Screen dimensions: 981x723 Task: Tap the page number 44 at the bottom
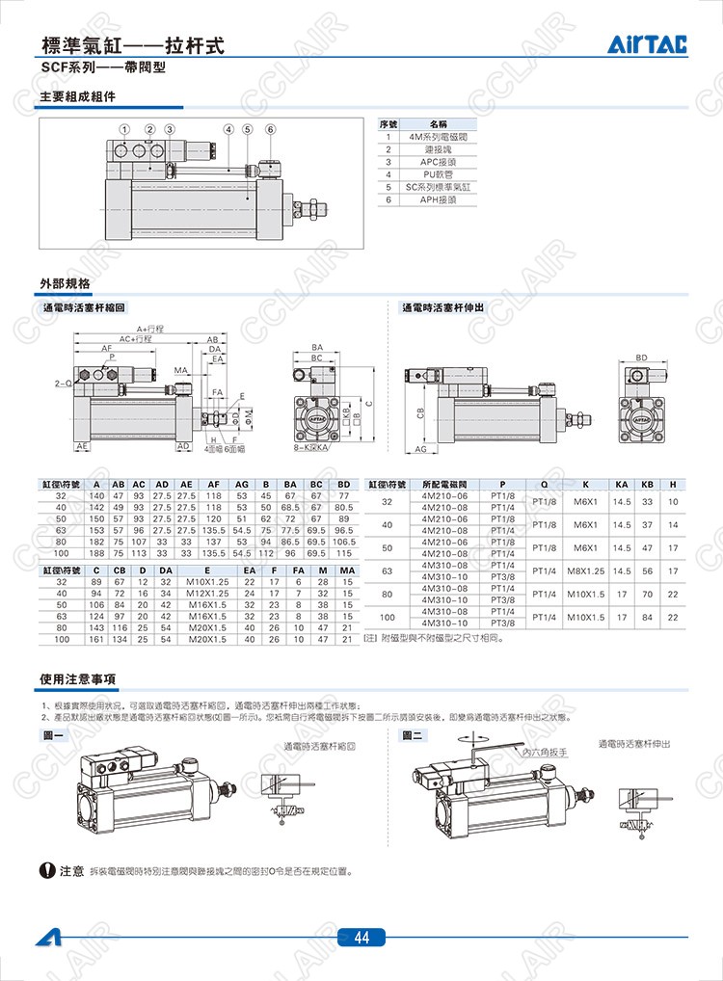[361, 938]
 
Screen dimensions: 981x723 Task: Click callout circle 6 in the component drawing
[270, 129]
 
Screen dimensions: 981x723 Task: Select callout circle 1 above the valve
[124, 129]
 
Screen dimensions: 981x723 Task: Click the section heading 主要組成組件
[77, 97]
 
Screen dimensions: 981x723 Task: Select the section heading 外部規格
[66, 283]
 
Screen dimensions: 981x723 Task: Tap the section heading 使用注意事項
[79, 678]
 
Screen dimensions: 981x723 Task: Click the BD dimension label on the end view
[641, 358]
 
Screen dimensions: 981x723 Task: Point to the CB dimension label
[421, 412]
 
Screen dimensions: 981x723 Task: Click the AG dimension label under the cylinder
[421, 449]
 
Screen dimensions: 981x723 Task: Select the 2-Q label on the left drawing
[63, 383]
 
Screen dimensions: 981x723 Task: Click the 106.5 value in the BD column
[344, 542]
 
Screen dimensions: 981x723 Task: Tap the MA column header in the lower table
[348, 570]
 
